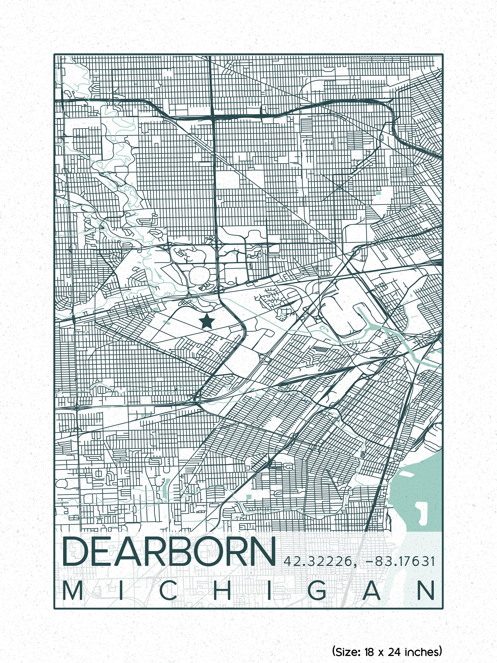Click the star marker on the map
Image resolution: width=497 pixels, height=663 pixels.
tap(207, 321)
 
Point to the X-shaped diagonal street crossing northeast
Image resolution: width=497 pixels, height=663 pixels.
tap(340, 187)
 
